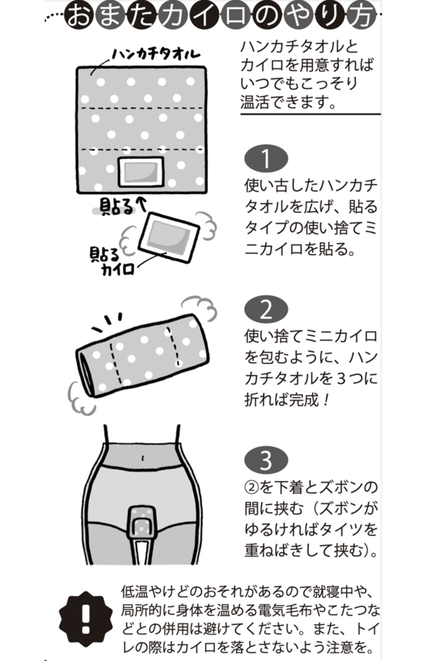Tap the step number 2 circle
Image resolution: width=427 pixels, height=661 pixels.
coord(266,309)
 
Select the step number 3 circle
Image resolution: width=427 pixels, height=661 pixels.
coord(266,460)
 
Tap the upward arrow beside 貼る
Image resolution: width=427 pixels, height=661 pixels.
coord(142,204)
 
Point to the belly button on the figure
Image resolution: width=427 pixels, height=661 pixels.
coord(142,457)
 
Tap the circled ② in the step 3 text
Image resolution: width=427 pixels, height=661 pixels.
coord(252,489)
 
